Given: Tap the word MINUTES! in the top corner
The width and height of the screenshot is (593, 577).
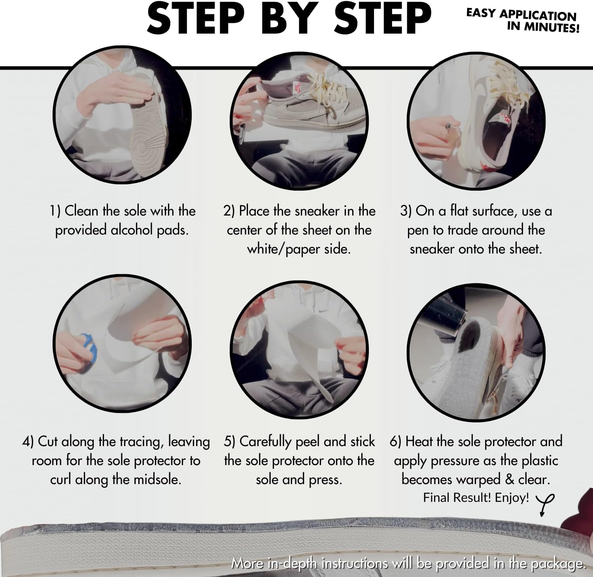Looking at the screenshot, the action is [551, 27].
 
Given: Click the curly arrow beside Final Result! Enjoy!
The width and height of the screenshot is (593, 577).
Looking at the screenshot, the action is [545, 504].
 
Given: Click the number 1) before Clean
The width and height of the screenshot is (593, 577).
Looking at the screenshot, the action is [55, 211].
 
